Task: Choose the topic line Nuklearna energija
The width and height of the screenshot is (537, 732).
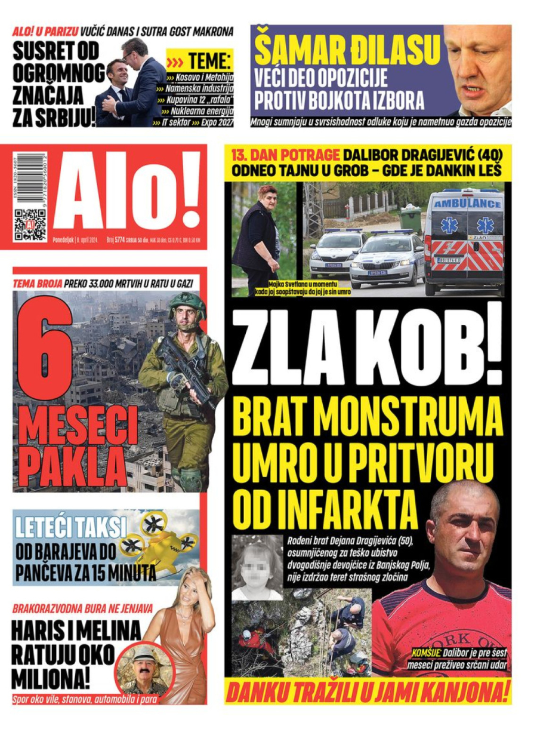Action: point(203,111)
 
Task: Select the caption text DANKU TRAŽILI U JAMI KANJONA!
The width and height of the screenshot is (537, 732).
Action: point(368,693)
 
